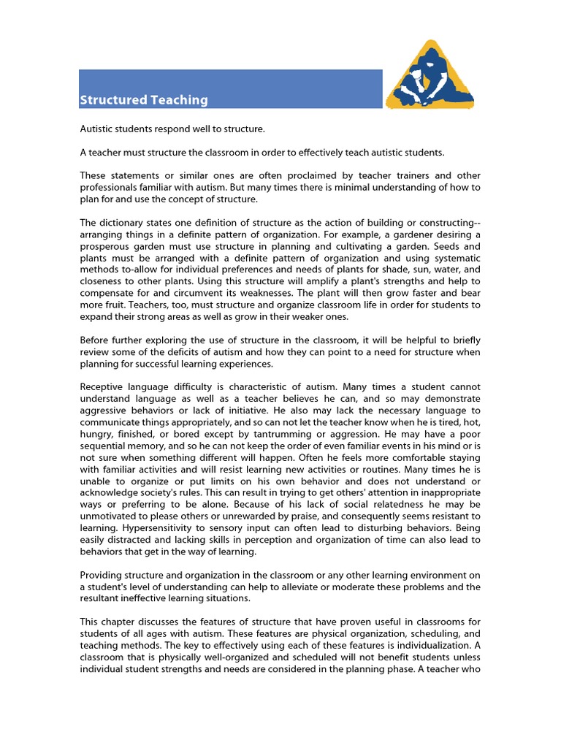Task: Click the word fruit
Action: [110, 305]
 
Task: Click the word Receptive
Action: [104, 386]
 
